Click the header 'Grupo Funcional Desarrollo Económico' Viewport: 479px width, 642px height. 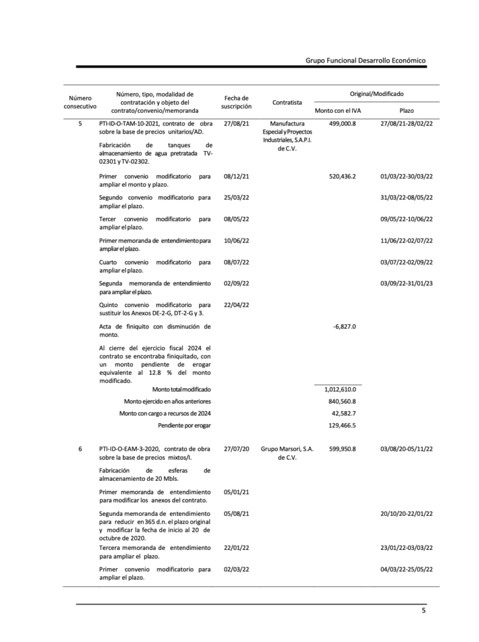click(x=366, y=60)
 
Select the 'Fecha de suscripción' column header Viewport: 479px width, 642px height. click(x=236, y=102)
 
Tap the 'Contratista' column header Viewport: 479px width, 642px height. click(x=287, y=102)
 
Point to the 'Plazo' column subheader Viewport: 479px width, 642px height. click(x=406, y=110)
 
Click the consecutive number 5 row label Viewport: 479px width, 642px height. click(x=80, y=124)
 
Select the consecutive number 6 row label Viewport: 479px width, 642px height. click(x=80, y=449)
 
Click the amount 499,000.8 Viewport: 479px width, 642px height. click(x=342, y=124)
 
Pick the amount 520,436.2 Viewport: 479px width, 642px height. click(x=342, y=177)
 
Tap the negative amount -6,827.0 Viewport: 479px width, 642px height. click(x=344, y=327)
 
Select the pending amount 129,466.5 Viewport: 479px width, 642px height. click(x=342, y=425)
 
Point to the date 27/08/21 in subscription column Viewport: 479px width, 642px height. click(x=236, y=124)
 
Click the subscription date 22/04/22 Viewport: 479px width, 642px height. click(x=236, y=305)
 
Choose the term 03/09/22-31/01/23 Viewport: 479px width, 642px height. click(x=406, y=283)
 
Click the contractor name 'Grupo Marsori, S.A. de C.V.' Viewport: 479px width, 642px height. click(x=287, y=453)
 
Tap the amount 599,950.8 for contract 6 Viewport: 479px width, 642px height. click(x=342, y=449)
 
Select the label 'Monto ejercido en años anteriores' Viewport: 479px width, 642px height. click(x=167, y=401)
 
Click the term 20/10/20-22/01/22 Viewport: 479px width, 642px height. click(x=406, y=513)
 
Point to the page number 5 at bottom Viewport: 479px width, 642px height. click(x=423, y=612)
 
